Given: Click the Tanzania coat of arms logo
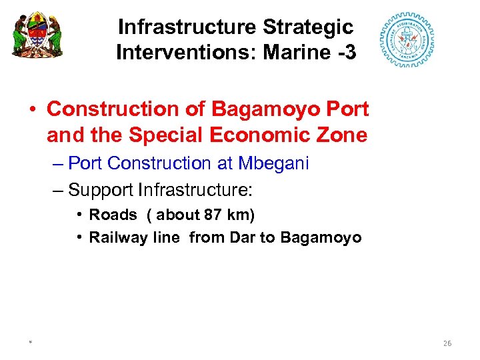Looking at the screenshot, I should pyautogui.click(x=37, y=34).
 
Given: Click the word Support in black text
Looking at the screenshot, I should pyautogui.click(x=101, y=190).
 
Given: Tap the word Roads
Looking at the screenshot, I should pyautogui.click(x=113, y=215).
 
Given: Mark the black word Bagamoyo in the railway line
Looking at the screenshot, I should pyautogui.click(x=321, y=237).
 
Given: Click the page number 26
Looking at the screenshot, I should pyautogui.click(x=447, y=343).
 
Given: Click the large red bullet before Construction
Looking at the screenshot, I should pyautogui.click(x=31, y=109).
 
